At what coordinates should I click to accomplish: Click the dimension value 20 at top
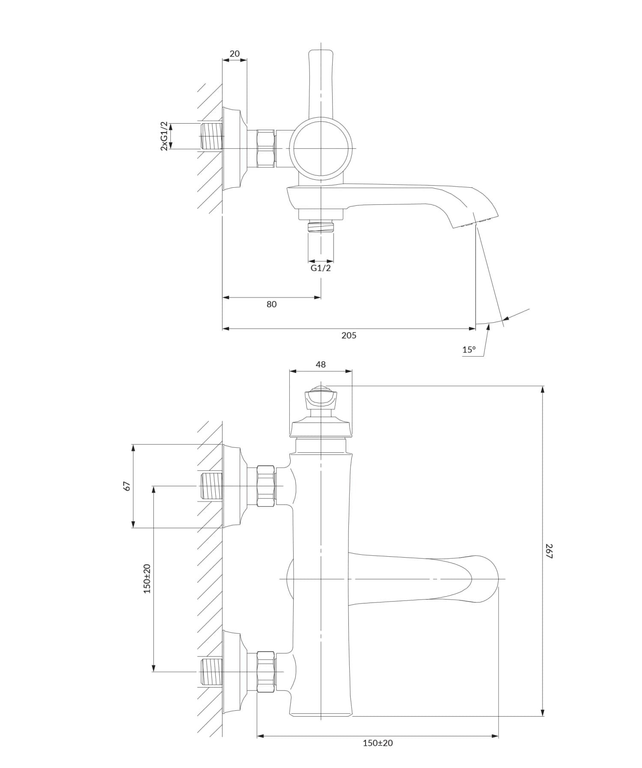(x=235, y=53)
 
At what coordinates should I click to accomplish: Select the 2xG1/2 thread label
(x=164, y=136)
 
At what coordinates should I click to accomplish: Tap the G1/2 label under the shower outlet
(x=321, y=268)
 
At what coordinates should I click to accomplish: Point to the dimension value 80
(x=271, y=304)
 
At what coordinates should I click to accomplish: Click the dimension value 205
(x=349, y=335)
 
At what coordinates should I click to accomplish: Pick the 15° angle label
(x=469, y=349)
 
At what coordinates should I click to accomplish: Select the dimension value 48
(x=321, y=364)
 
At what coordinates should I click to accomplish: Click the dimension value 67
(x=126, y=486)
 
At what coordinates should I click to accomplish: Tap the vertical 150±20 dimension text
(x=147, y=578)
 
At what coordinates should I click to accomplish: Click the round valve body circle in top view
(x=321, y=148)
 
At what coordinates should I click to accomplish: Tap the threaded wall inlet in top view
(x=212, y=136)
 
